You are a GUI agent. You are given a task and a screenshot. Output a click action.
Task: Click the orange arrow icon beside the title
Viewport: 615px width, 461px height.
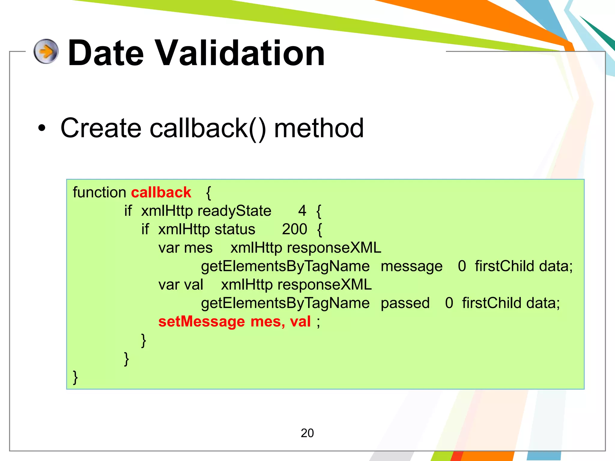pos(46,51)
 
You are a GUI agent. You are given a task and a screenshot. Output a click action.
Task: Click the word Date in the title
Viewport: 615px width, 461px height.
pos(106,53)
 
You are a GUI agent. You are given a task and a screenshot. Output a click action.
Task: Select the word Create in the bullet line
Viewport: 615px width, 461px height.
pos(101,128)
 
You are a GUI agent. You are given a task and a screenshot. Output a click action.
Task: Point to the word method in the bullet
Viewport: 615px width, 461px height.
pos(319,128)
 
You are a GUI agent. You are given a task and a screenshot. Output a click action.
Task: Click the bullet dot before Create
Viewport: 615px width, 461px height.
pos(42,128)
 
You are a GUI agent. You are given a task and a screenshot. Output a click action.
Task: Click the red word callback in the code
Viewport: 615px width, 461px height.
pos(161,192)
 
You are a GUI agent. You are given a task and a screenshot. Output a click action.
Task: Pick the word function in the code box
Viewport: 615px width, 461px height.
pos(99,192)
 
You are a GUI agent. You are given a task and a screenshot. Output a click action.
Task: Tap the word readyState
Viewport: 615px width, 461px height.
pos(234,211)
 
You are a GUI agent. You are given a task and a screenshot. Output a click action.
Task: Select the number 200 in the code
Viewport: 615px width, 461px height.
pos(294,229)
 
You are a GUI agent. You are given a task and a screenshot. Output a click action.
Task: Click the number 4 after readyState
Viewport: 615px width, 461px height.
pos(302,211)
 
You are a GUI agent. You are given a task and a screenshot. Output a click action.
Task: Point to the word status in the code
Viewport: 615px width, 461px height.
pos(235,229)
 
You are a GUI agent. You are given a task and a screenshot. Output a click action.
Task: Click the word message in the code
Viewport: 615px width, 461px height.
pos(411,267)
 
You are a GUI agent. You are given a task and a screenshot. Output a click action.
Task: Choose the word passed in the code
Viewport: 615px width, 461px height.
pos(405,303)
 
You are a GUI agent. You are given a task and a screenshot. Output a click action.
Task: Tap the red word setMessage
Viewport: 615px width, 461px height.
pos(201,321)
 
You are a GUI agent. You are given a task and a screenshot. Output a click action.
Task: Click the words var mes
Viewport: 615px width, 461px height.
pos(185,248)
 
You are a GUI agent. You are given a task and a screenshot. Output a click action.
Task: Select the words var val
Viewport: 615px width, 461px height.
pos(180,285)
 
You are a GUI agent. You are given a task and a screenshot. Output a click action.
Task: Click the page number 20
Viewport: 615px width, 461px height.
pos(307,433)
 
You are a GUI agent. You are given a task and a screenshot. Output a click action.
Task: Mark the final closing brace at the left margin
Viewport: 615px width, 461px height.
pos(75,377)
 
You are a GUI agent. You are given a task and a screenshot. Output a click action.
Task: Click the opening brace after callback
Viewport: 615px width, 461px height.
pos(209,193)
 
